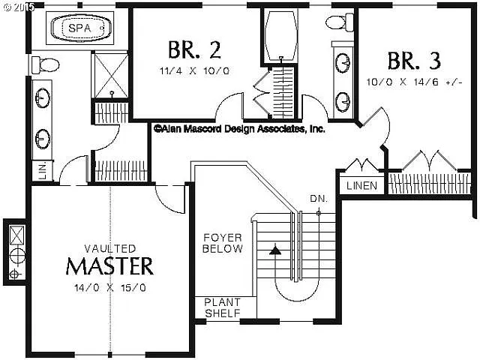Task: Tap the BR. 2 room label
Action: tap(193, 50)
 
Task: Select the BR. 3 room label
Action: tap(414, 60)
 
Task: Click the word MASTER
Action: tap(109, 266)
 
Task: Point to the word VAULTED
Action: tap(110, 248)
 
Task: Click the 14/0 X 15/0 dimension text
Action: tap(110, 286)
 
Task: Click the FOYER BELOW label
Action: tap(223, 244)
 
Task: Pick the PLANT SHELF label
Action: tap(223, 307)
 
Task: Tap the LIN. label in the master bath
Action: tap(42, 171)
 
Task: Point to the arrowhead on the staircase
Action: tap(275, 250)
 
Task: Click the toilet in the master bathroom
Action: tap(44, 66)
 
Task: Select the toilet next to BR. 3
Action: tap(340, 22)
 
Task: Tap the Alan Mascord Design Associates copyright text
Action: tap(239, 129)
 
